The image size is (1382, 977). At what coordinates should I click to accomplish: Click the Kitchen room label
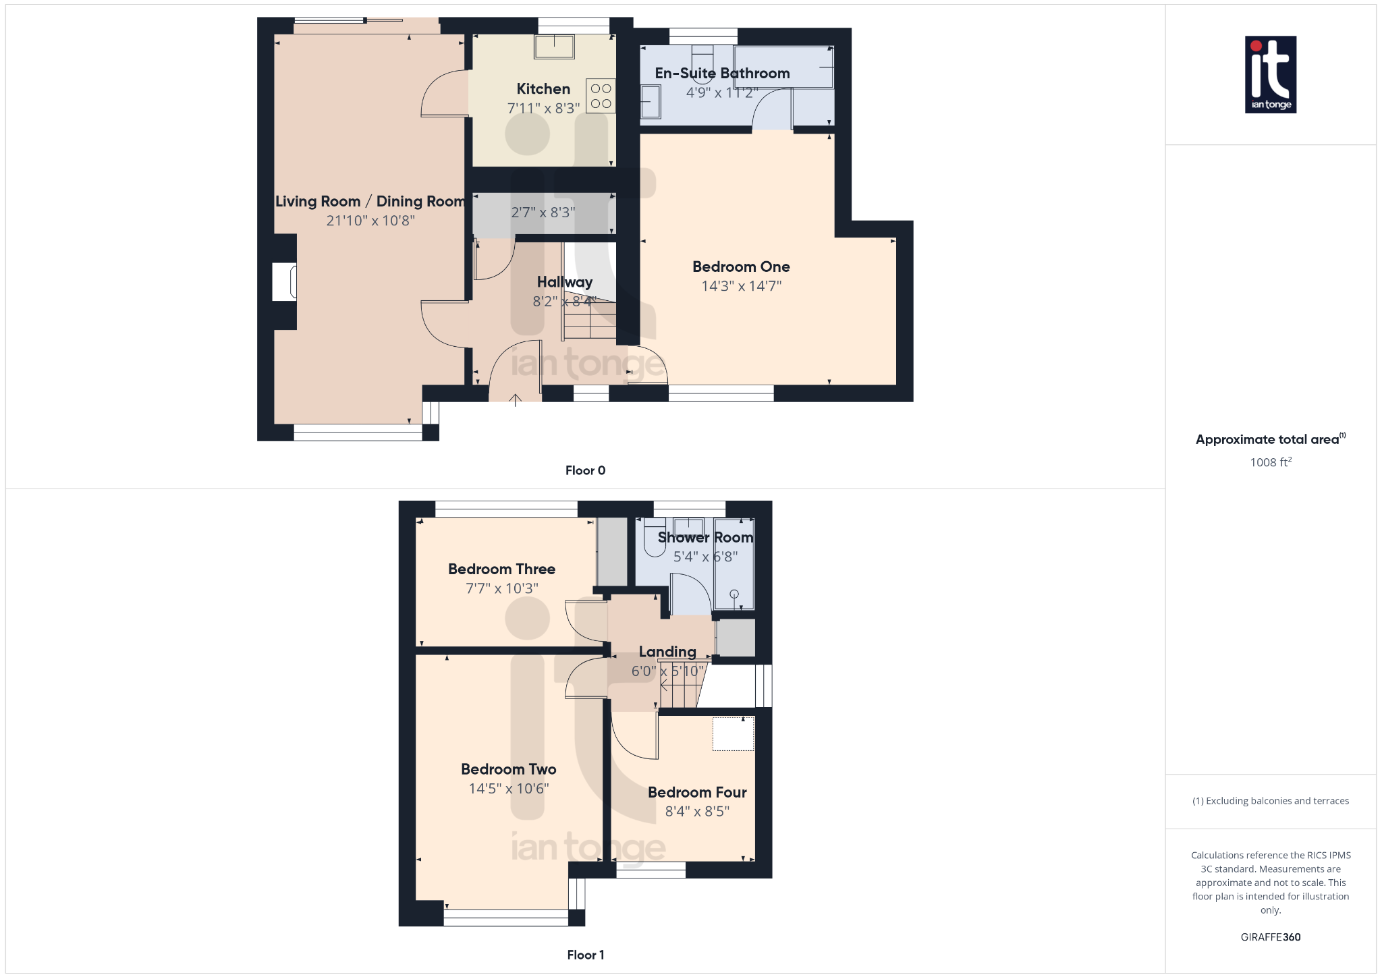coord(543,89)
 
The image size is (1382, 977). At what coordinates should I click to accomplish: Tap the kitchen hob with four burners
coord(601,96)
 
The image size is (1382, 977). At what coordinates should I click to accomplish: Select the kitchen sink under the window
coord(554,47)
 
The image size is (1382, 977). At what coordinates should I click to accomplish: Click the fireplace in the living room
coord(285,282)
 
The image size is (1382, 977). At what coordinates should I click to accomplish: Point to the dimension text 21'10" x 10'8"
coord(370,221)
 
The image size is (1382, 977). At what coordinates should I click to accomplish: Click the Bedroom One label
coord(741,267)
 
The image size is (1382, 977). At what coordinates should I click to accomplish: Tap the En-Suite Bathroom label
coord(722,73)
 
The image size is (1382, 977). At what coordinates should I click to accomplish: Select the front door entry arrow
coord(515,399)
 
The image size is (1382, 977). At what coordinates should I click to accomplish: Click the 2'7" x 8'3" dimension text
coord(543,213)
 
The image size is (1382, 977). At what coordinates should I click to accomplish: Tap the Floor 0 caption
coord(585,470)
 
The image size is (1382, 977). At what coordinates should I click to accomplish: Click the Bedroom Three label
coord(501,569)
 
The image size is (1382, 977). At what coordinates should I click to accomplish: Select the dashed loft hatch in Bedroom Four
coord(733,733)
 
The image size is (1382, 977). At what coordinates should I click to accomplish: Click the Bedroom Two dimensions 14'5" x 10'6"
coord(509,789)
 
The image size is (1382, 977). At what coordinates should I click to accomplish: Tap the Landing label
coord(667,652)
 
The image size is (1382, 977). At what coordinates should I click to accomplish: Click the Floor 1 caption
coord(585,955)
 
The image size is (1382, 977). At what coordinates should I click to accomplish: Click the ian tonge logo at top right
coord(1270,74)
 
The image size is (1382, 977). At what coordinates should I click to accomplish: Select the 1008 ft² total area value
coord(1270,462)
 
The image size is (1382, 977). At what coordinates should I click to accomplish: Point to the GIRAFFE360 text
coord(1270,937)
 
